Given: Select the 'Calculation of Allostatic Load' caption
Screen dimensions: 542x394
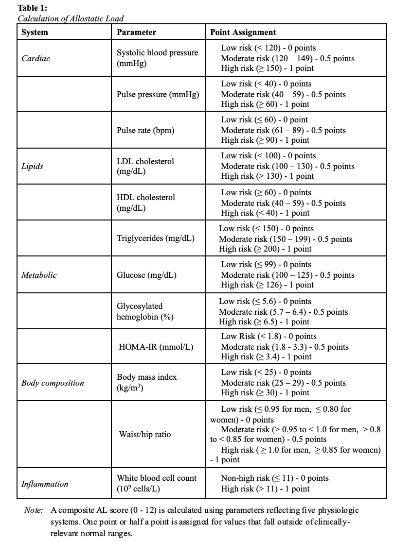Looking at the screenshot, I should pos(71,18).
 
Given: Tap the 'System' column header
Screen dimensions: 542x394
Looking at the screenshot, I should pos(35,33).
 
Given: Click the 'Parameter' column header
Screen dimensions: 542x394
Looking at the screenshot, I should pos(137,33).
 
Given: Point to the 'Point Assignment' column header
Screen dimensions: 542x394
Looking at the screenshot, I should pos(243,33).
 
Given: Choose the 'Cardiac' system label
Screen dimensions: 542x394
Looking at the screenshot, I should pos(36,58).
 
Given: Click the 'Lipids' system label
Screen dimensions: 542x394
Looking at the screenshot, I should pos(32,166).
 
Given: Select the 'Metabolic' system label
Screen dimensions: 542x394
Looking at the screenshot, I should pos(39,275).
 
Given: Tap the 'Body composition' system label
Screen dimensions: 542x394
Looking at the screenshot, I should pos(53,383).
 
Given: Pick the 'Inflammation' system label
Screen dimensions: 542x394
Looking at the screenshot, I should pos(45,484).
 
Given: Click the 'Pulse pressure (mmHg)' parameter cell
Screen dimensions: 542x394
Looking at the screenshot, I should pos(158,94).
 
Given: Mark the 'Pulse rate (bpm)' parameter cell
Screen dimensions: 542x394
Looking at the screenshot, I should pos(145,130).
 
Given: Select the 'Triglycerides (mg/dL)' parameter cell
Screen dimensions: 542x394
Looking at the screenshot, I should pos(156,238).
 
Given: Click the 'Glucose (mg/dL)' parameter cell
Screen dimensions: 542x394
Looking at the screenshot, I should pos(146,275).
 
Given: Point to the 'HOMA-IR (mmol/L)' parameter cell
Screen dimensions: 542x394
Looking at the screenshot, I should pos(156,347).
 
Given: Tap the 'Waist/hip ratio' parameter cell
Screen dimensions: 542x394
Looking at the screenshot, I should pos(145,434).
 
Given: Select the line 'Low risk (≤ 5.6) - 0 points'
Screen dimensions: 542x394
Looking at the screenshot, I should pos(265,301).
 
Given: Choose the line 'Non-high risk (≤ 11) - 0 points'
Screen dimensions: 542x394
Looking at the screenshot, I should pos(275,478).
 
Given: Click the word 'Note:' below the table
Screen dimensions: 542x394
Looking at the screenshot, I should pos(34,510).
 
